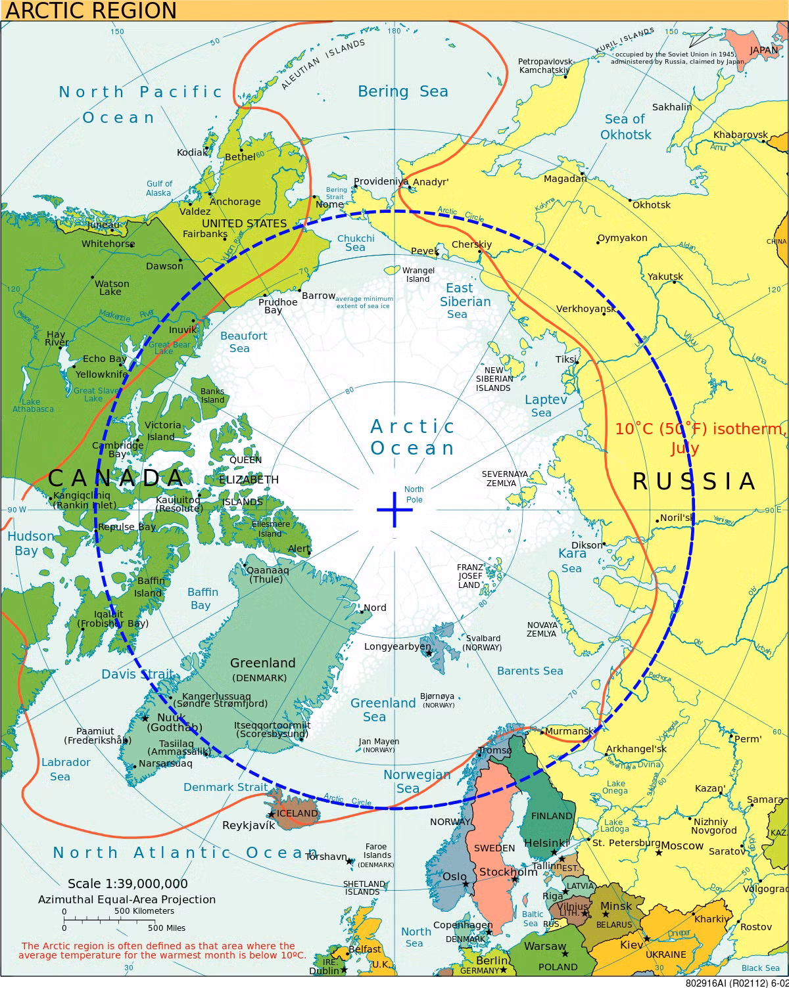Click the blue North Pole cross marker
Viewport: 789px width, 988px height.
point(394,509)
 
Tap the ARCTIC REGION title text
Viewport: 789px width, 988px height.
point(91,11)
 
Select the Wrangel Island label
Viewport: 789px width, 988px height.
point(418,275)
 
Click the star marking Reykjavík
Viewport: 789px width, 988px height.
point(271,815)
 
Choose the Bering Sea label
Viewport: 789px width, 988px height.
point(402,91)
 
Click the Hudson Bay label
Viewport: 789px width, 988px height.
point(30,543)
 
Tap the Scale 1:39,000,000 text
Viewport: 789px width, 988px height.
point(128,884)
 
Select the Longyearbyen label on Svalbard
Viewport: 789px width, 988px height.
point(398,646)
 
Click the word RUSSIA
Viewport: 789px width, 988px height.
point(694,482)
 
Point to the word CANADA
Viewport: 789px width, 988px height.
point(116,478)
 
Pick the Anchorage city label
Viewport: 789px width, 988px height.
point(235,202)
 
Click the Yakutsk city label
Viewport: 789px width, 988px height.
point(665,277)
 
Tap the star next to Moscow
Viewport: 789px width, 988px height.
point(658,853)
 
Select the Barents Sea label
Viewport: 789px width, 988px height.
point(530,671)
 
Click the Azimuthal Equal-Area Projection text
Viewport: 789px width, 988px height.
point(126,899)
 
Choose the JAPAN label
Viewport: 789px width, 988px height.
point(764,50)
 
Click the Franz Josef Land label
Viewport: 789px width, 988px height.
point(469,575)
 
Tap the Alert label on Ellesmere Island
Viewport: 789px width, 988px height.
point(299,549)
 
